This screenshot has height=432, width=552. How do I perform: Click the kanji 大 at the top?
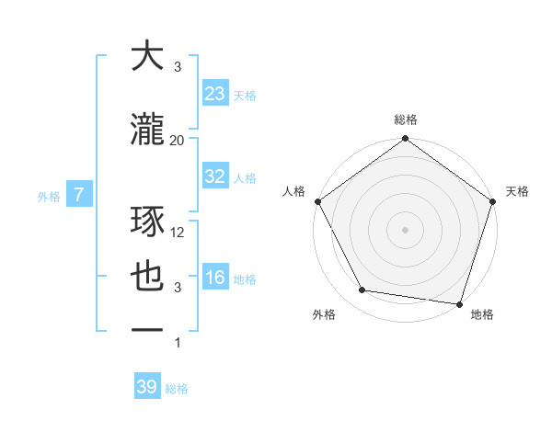tap(148, 57)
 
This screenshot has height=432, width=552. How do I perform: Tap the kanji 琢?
tap(148, 222)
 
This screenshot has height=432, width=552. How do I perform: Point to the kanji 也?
tap(148, 277)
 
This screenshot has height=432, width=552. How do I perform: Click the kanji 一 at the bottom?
tap(148, 331)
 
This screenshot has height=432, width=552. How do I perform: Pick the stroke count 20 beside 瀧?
tap(178, 140)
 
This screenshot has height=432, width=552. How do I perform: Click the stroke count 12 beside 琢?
tap(178, 233)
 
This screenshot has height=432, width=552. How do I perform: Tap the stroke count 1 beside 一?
tap(178, 343)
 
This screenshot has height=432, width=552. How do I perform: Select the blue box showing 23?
tap(215, 94)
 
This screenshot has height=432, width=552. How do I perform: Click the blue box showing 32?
tap(215, 176)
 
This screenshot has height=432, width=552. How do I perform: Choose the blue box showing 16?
tap(215, 278)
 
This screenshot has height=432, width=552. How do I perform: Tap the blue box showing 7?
tap(80, 194)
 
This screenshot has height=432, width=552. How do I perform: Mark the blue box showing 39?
tap(147, 387)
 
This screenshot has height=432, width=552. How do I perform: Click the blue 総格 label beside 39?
tap(177, 389)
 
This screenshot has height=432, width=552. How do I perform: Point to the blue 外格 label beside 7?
tap(49, 196)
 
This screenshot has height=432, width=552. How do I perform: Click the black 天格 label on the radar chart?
tap(518, 191)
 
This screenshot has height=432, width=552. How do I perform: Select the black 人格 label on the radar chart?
tap(293, 191)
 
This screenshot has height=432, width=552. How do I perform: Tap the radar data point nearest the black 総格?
tap(405, 140)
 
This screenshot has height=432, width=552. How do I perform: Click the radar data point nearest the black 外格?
tap(362, 290)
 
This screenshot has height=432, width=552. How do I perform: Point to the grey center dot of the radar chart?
tap(405, 229)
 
